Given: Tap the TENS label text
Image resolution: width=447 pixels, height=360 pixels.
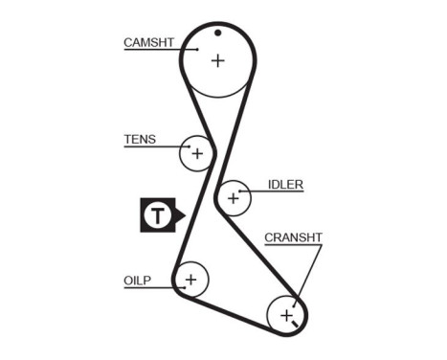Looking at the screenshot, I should pos(139,139).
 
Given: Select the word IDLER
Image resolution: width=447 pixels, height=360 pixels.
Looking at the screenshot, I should pos(285,184).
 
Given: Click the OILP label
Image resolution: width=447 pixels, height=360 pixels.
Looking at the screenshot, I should pos(138,280).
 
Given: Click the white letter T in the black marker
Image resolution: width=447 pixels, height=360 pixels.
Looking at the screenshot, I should pos(156,215).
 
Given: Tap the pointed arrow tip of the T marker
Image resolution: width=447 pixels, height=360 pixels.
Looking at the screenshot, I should pos(182,215).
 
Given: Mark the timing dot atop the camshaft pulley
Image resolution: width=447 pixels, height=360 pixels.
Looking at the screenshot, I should pos(218,33).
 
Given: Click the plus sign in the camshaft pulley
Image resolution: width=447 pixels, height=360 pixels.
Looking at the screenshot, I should pos(217,60).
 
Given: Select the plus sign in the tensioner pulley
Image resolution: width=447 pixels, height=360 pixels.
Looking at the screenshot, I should pos(197,152).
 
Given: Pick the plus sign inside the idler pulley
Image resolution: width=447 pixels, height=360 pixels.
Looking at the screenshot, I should pos(232,198).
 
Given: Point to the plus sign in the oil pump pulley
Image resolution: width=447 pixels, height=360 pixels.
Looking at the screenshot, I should pos(190,280).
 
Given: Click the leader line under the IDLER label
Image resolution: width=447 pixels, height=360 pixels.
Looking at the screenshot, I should pos(273,191).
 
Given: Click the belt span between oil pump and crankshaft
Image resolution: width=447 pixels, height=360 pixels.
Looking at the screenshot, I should pos(230,313).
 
